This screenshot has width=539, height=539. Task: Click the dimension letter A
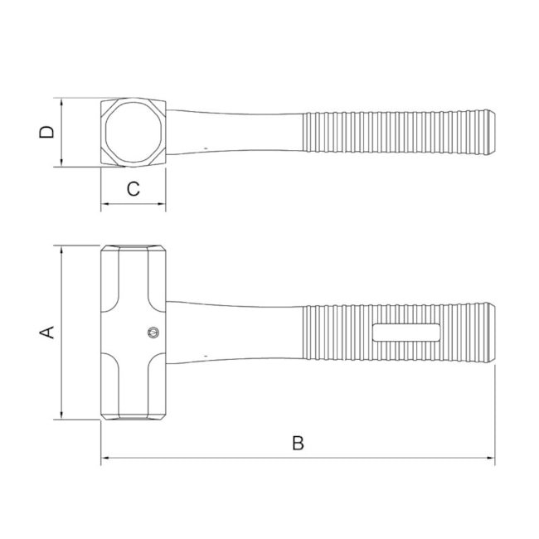[48, 332]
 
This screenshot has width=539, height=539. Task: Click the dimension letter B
[298, 444]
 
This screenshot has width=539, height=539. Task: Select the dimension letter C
[133, 189]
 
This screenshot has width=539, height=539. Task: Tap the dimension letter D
[48, 133]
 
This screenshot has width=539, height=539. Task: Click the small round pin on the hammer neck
[152, 333]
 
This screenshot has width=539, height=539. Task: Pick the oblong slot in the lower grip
[406, 333]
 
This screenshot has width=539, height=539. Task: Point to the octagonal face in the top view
[133, 134]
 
